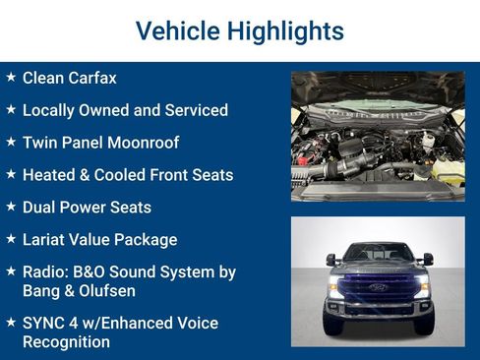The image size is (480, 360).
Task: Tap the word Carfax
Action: (x=92, y=78)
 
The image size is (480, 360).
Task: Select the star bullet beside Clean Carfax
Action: (x=11, y=77)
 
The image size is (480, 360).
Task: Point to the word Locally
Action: (x=53, y=110)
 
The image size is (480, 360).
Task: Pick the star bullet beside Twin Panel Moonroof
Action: (x=11, y=142)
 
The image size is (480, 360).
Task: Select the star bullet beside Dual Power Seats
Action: (x=11, y=207)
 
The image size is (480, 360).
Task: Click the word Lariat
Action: (x=46, y=239)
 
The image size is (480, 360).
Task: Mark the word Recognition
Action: (x=66, y=342)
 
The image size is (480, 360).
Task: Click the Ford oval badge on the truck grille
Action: (x=378, y=287)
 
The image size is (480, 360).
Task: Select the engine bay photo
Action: (x=378, y=136)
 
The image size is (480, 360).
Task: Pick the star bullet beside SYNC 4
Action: (x=11, y=322)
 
